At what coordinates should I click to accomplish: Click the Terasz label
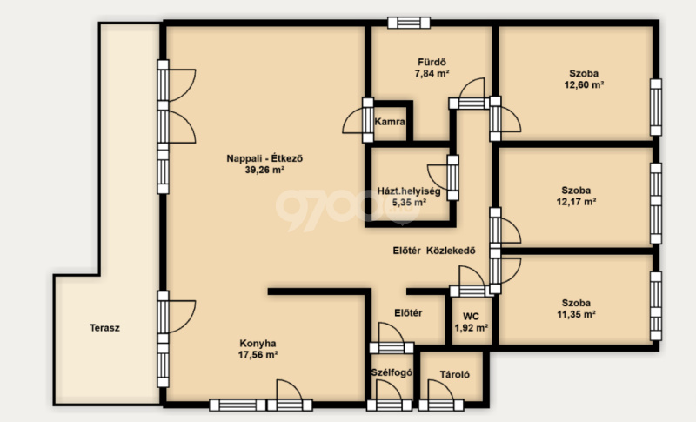[x=104, y=328]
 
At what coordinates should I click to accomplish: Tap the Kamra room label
[x=390, y=122]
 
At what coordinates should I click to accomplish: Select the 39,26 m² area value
[x=264, y=170]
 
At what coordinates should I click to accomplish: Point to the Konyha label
[x=258, y=344]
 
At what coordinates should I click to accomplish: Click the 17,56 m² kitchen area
[x=258, y=355]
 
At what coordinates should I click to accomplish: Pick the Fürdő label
[x=432, y=62]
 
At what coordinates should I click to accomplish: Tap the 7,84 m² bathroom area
[x=432, y=74]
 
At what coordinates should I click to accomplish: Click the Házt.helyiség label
[x=409, y=191]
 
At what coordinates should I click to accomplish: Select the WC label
[x=471, y=317]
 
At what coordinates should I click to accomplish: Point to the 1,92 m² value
[x=472, y=328]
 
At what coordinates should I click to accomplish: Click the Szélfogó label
[x=391, y=372]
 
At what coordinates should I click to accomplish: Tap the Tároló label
[x=454, y=374]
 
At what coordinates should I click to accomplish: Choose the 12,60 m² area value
[x=584, y=85]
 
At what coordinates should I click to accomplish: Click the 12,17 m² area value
[x=576, y=202]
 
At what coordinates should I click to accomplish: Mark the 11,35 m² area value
[x=576, y=315]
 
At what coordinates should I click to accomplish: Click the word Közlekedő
[x=451, y=251]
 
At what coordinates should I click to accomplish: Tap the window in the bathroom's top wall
[x=409, y=23]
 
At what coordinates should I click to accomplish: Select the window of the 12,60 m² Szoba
[x=656, y=107]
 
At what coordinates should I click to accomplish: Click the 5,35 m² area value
[x=409, y=203]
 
